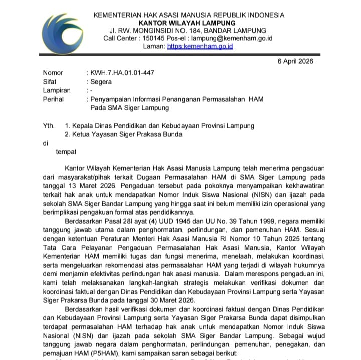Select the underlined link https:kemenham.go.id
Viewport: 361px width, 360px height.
pos(200,46)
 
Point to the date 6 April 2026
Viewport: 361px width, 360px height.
pos(295,61)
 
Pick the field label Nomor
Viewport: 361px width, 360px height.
pos(53,73)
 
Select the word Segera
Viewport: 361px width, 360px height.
pos(101,82)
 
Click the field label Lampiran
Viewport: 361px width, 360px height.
pos(57,90)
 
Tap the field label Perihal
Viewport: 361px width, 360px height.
pos(54,99)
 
